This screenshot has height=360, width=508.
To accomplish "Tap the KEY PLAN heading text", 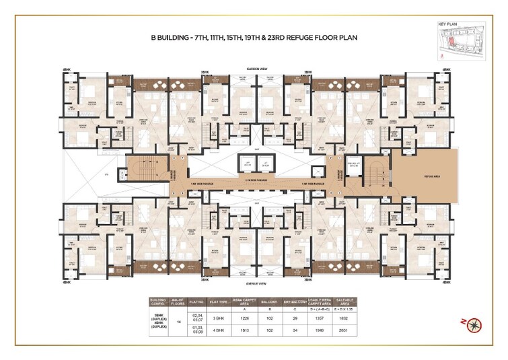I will [447, 24].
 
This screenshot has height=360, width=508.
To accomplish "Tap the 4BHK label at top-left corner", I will [66, 69].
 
